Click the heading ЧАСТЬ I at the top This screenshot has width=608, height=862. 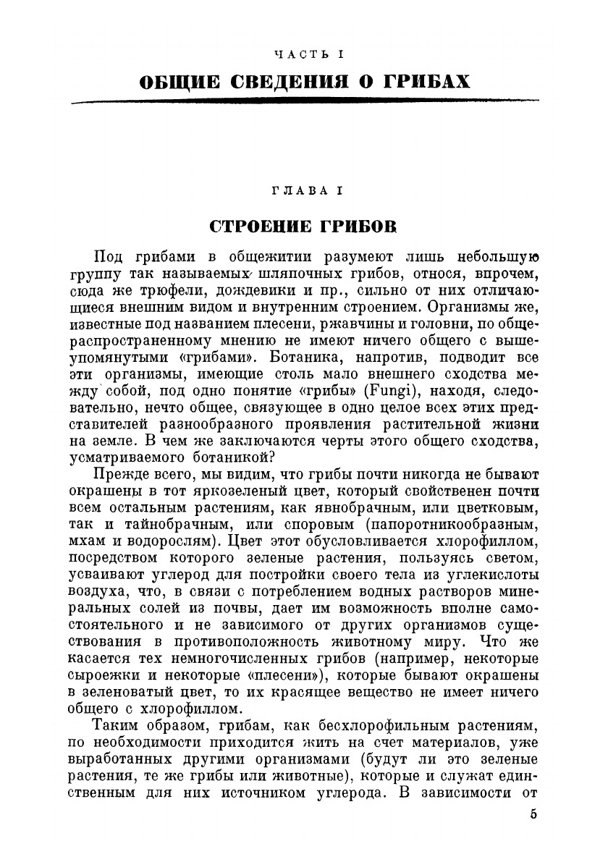[x=305, y=54]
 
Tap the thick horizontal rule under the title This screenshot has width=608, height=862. [x=304, y=102]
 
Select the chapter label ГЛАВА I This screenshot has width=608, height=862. [x=305, y=190]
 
